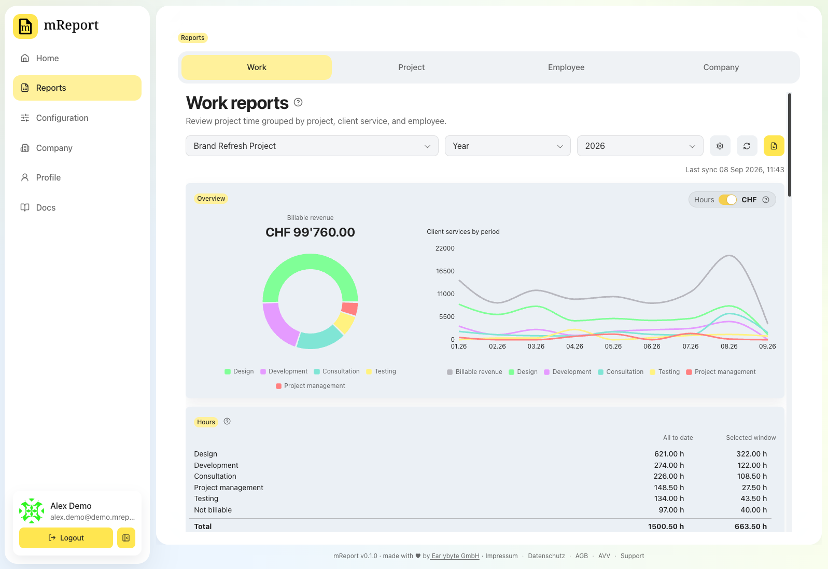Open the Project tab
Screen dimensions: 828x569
click(411, 67)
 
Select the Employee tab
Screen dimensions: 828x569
click(566, 67)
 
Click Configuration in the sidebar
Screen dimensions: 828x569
click(62, 118)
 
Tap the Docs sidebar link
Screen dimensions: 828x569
click(46, 207)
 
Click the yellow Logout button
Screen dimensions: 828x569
click(66, 537)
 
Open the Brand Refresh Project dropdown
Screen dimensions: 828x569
click(312, 146)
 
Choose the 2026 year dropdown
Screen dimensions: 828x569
click(640, 146)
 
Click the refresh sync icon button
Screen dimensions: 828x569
click(747, 146)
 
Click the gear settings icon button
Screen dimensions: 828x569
click(720, 146)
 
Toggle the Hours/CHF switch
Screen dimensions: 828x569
click(727, 200)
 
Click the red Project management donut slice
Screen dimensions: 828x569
click(349, 308)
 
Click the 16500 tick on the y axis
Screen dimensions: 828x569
click(445, 271)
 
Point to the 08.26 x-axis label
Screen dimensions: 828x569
click(729, 346)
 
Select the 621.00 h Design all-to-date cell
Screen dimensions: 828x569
click(669, 454)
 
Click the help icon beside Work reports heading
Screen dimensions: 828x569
click(298, 102)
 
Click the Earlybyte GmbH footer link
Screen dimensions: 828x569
click(455, 556)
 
